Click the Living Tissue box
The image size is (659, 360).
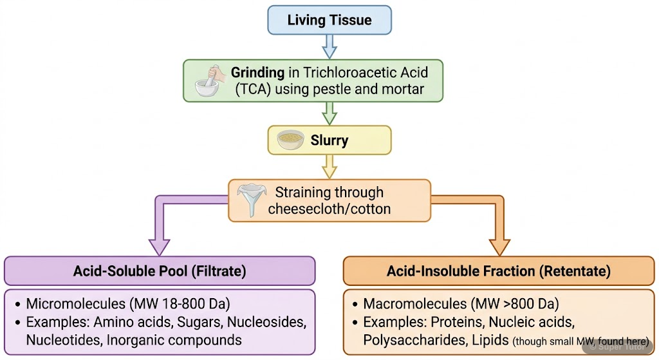coord(329,20)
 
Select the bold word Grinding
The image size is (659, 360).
coord(257,72)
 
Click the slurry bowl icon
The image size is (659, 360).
coord(290,140)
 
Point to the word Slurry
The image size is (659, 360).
coord(329,140)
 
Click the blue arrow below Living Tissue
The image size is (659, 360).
coord(329,46)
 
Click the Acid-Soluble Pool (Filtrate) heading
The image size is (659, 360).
coord(160,271)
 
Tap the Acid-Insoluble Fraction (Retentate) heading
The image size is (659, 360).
coord(499,271)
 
